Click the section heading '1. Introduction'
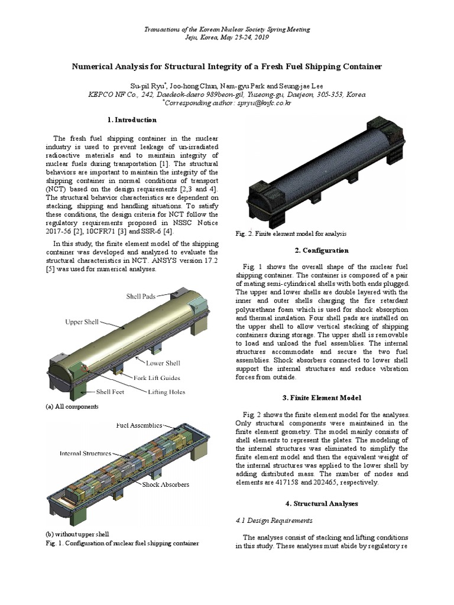(x=135, y=120)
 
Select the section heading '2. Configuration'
(x=322, y=250)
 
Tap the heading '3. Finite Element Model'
(x=322, y=398)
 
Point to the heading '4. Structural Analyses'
(x=322, y=503)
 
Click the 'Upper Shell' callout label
(x=82, y=323)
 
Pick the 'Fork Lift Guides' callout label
(x=156, y=378)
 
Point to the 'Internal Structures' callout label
(x=85, y=454)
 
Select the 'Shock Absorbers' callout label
(x=166, y=484)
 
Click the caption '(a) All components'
(x=72, y=407)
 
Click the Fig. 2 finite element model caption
(x=291, y=233)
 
